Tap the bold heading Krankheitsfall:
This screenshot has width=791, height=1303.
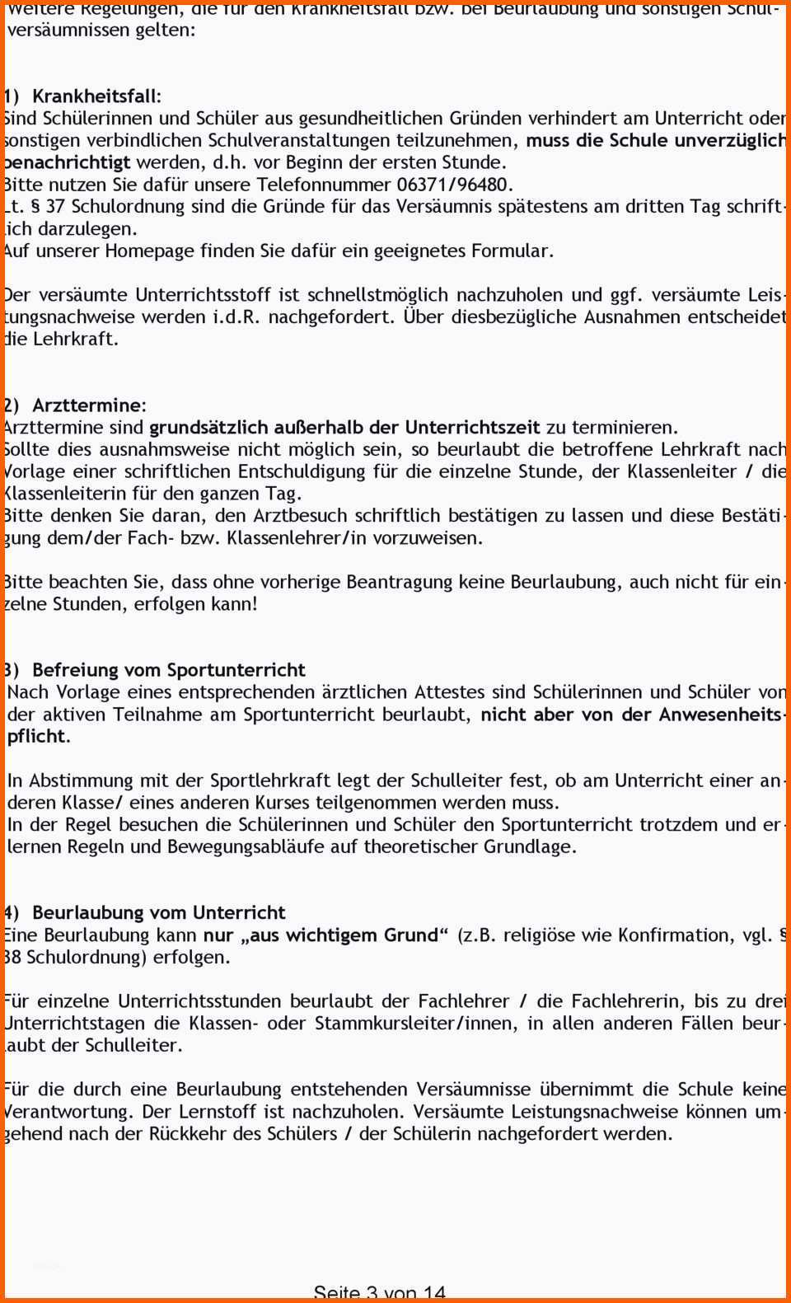pos(96,96)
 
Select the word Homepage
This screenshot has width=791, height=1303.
pos(156,251)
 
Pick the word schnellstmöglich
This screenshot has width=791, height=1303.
pos(379,295)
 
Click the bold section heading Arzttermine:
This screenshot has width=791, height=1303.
pos(89,405)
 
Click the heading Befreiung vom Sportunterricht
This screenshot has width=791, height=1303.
pos(168,670)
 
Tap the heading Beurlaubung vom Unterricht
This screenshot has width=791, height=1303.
pos(158,912)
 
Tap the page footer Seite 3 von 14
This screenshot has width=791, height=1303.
pos(379,1293)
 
